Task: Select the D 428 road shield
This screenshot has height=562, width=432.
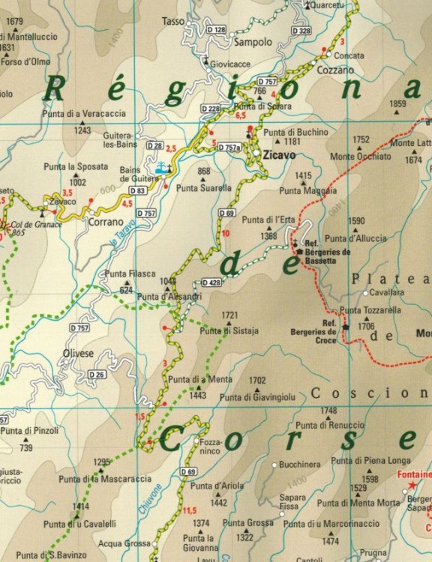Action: tap(211, 282)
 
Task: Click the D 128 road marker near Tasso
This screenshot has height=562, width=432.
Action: tap(216, 30)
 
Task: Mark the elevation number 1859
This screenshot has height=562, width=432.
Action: tap(397, 103)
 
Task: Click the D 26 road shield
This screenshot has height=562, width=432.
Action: tap(96, 375)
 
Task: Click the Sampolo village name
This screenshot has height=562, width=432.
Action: tap(253, 43)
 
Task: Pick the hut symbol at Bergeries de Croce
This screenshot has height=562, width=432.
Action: tap(346, 327)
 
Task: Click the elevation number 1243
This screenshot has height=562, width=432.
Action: tap(82, 130)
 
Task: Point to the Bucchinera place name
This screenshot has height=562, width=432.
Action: tap(300, 465)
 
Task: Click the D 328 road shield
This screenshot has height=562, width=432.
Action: tap(299, 31)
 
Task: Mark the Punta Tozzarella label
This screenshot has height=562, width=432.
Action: tap(370, 309)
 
